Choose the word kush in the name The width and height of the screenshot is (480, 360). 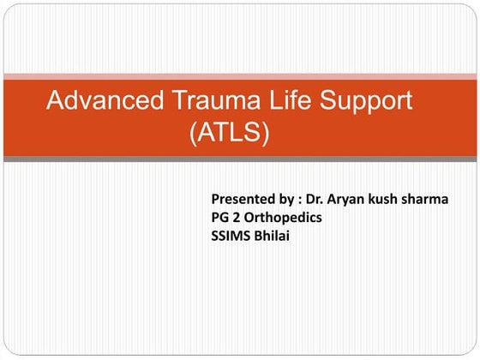point(391,200)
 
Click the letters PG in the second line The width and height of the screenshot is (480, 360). point(219,218)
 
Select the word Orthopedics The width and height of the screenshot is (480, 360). point(285,219)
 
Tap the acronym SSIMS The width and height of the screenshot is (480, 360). point(231,236)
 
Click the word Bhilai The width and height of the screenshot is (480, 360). point(272,236)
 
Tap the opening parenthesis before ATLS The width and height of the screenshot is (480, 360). point(193,133)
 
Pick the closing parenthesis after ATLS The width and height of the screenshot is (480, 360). point(267,133)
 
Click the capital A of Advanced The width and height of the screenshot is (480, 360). point(56,100)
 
